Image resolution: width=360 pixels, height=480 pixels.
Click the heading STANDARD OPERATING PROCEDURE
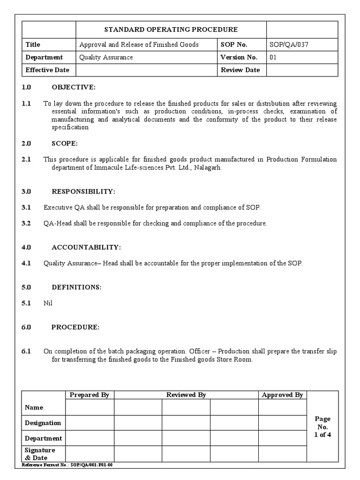pyautogui.click(x=171, y=30)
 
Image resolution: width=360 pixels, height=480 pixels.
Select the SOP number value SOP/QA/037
pyautogui.click(x=289, y=45)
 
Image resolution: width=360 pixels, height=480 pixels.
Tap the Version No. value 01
pyautogui.click(x=273, y=57)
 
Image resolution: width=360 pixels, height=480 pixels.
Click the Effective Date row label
pyautogui.click(x=47, y=70)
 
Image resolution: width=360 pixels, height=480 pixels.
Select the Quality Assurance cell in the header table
pyautogui.click(x=106, y=57)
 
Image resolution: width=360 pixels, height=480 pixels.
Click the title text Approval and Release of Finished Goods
pyautogui.click(x=139, y=45)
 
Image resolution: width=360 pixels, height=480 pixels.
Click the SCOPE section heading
pyautogui.click(x=65, y=143)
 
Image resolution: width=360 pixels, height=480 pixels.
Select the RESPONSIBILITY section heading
pyautogui.click(x=83, y=191)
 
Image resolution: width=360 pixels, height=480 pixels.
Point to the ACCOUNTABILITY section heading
pyautogui.click(x=86, y=247)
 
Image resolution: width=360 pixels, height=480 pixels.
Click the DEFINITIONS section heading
pyautogui.click(x=76, y=287)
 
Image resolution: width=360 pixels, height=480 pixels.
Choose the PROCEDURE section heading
pyautogui.click(x=75, y=327)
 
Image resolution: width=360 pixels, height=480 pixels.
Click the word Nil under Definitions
pyautogui.click(x=48, y=303)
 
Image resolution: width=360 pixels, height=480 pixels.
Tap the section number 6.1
pyautogui.click(x=26, y=351)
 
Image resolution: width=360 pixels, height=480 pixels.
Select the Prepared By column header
pyautogui.click(x=89, y=395)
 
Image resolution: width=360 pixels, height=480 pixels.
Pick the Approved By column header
pyautogui.click(x=282, y=395)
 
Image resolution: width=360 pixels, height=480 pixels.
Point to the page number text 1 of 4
pyautogui.click(x=322, y=435)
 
